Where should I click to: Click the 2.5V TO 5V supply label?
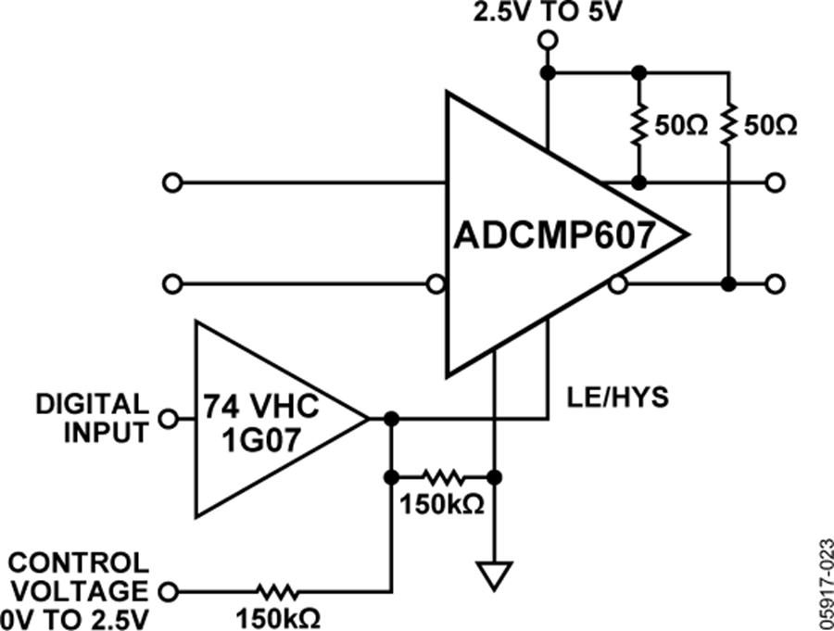pyautogui.click(x=537, y=13)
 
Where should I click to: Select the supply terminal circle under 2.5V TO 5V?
pyautogui.click(x=548, y=40)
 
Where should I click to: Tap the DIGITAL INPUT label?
pyautogui.click(x=92, y=418)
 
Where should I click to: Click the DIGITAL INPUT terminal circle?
pyautogui.click(x=169, y=419)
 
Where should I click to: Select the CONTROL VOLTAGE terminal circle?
pyautogui.click(x=169, y=590)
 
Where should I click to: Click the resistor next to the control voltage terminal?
pyautogui.click(x=278, y=590)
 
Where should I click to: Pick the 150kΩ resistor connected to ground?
pyautogui.click(x=443, y=478)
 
